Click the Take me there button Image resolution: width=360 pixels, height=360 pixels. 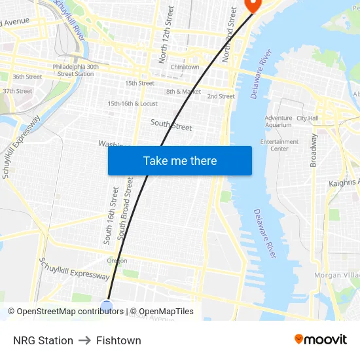click(x=180, y=160)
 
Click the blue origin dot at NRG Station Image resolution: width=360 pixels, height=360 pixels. click(x=107, y=306)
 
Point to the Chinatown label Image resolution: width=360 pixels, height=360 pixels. click(x=185, y=67)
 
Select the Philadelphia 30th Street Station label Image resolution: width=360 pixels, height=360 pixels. click(x=76, y=70)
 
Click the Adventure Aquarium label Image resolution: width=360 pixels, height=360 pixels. click(x=278, y=121)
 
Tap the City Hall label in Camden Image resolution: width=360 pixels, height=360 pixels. click(x=307, y=118)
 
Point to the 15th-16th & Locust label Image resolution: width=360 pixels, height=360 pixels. click(x=132, y=103)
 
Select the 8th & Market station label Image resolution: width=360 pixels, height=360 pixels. click(x=183, y=92)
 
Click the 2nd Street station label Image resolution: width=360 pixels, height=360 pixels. click(x=221, y=96)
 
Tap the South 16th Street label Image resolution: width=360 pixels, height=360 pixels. click(x=110, y=215)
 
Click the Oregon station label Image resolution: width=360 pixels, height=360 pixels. click(x=117, y=261)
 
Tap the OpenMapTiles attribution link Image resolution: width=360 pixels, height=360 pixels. click(x=164, y=312)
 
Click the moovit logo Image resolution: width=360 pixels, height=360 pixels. click(x=320, y=340)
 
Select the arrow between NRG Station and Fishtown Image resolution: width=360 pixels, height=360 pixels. click(x=84, y=340)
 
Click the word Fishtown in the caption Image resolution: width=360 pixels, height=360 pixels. click(x=118, y=340)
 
